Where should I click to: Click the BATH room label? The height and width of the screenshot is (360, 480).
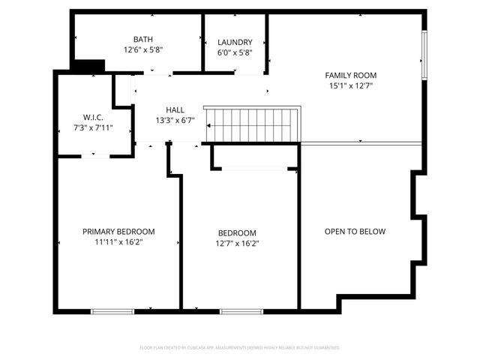142,40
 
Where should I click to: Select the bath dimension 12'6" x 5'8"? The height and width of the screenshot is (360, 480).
142,50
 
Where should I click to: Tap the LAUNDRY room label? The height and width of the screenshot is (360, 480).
235,43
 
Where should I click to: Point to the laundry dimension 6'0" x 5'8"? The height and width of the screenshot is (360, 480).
235,53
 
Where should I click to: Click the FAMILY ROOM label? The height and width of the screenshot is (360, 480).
350,75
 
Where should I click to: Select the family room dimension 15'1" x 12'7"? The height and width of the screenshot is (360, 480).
350,85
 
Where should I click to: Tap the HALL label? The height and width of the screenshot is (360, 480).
175,109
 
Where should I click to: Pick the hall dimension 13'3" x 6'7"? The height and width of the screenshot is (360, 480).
175,120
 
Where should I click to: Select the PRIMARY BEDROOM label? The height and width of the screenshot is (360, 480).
118,232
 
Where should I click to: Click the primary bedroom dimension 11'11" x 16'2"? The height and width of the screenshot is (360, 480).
118,242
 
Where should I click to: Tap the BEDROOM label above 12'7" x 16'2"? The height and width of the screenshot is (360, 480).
237,232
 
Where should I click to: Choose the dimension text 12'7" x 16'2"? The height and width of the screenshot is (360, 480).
237,243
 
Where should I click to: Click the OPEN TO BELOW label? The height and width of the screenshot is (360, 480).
355,232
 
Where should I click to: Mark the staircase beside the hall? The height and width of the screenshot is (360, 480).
253,124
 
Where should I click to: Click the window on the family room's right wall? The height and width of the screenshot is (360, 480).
424,56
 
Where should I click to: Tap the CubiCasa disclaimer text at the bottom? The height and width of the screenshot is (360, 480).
240,348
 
